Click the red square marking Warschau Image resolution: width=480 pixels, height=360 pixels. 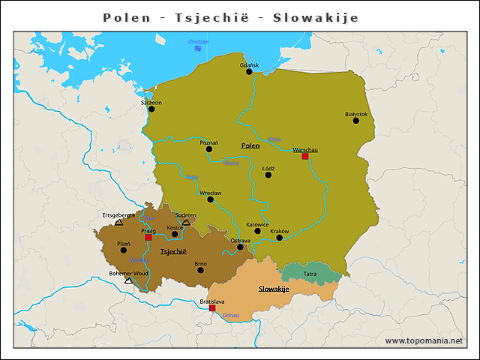(x=304, y=157)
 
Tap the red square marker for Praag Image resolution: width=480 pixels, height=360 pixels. (x=148, y=238)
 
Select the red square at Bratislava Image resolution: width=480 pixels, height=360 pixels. (x=212, y=308)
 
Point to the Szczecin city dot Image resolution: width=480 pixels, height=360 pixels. (x=151, y=109)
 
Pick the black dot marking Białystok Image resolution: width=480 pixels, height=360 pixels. (x=356, y=121)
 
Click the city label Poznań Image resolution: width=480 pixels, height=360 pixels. (x=209, y=142)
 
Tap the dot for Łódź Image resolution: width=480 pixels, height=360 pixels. (x=268, y=175)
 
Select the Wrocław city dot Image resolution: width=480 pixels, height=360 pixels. (x=211, y=199)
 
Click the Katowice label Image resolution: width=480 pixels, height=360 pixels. (x=257, y=223)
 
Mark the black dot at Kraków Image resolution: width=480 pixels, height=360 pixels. (x=279, y=238)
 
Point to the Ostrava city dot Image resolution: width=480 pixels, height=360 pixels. (x=240, y=247)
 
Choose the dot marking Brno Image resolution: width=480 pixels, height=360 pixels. (x=200, y=270)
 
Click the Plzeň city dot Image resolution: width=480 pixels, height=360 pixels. (x=124, y=250)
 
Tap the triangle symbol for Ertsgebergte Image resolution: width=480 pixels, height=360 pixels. (x=118, y=222)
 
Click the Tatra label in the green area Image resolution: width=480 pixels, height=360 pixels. (x=310, y=274)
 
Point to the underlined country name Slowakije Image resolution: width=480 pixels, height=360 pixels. (x=274, y=289)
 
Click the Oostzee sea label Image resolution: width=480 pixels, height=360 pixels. (x=199, y=41)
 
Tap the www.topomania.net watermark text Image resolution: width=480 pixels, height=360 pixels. (x=424, y=340)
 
